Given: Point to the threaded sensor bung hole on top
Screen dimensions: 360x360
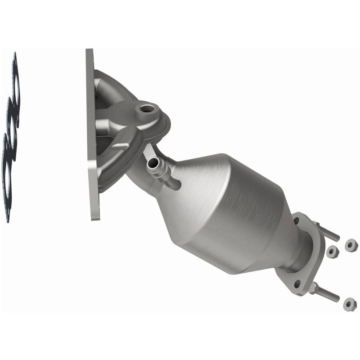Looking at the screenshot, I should [146, 108].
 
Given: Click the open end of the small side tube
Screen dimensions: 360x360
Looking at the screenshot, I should [153, 165].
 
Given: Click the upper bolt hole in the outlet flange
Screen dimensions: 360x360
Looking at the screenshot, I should [297, 221].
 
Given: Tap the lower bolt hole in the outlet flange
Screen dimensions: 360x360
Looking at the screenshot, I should [297, 284].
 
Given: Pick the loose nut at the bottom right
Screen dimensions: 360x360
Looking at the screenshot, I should [350, 304].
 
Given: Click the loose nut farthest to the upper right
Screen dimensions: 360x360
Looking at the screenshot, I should [351, 245].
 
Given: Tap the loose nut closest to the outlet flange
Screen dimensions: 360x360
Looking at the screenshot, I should [333, 252].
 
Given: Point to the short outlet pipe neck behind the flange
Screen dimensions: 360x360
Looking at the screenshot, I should [297, 261].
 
